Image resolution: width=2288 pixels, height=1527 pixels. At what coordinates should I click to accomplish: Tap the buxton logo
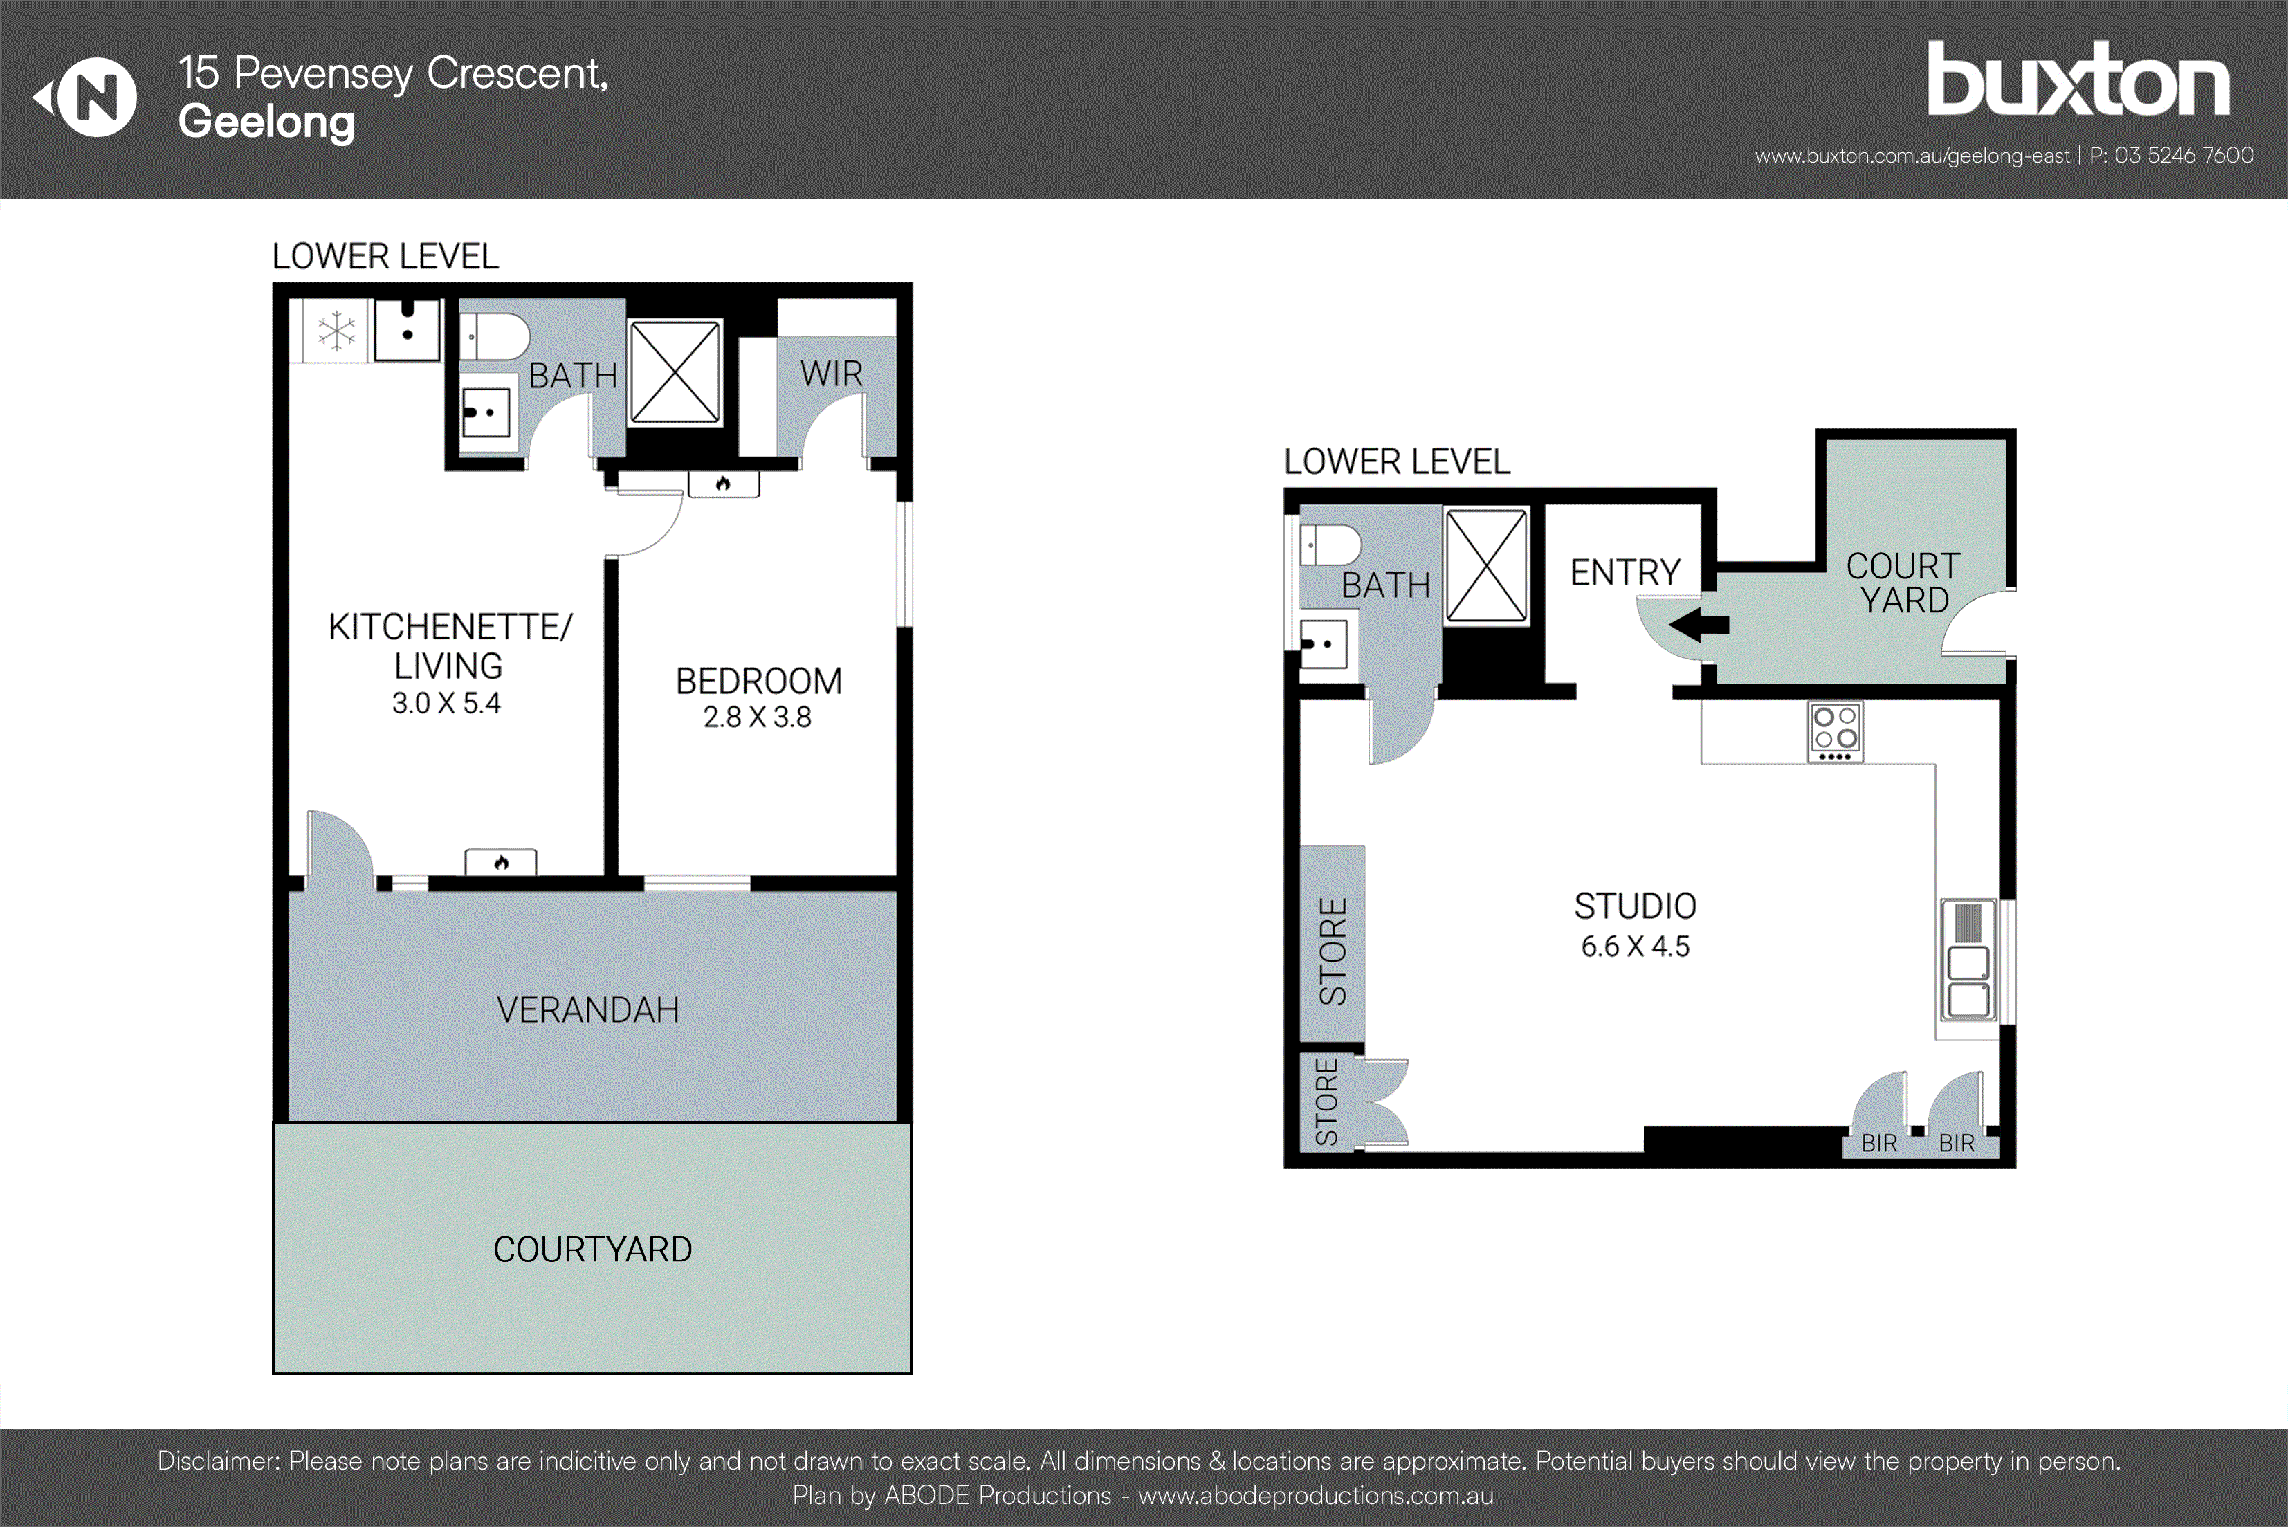tap(2078, 80)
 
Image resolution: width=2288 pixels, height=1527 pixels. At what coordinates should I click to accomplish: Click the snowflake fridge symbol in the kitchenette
tap(336, 331)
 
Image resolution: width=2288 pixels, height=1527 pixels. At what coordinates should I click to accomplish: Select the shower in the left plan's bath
tap(675, 373)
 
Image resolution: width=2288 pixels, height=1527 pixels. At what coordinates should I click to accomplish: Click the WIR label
tap(830, 374)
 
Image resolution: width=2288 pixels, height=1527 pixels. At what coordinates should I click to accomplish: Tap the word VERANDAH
tap(587, 1010)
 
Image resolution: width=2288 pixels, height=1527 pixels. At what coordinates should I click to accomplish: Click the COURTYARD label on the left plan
tap(592, 1250)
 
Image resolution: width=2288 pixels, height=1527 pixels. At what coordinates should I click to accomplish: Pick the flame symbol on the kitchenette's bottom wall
tap(500, 863)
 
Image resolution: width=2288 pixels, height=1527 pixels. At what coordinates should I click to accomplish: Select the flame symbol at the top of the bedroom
tap(722, 484)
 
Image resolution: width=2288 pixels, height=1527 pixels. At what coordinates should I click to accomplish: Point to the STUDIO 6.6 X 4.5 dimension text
tap(1635, 947)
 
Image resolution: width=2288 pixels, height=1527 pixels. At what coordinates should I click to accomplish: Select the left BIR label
tap(1878, 1143)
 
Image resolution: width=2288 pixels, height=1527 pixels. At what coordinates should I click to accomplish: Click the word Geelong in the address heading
tap(266, 122)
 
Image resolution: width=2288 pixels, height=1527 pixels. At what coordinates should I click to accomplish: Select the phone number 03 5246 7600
tap(2184, 156)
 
